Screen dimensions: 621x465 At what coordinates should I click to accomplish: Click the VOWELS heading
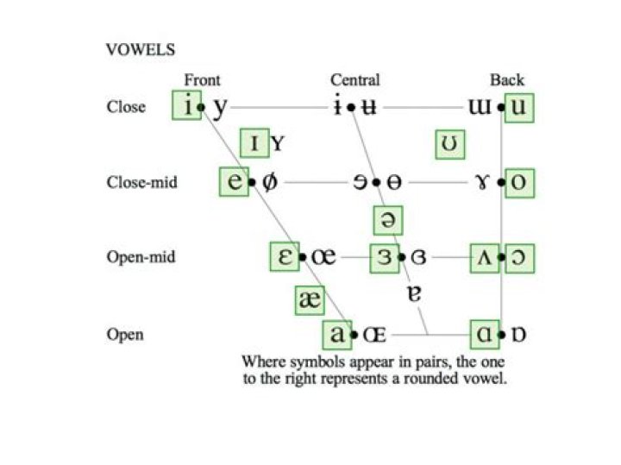click(x=141, y=50)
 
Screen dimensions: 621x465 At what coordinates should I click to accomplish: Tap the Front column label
click(x=202, y=80)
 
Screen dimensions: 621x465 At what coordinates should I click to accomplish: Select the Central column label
click(x=355, y=80)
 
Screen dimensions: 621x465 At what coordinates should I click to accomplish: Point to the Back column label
click(x=507, y=80)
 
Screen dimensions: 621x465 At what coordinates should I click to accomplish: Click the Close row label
click(x=126, y=107)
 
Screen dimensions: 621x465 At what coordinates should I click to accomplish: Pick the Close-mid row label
click(x=141, y=182)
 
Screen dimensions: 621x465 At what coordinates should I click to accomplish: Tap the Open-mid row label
click(x=141, y=257)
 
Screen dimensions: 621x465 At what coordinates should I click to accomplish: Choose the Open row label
click(x=125, y=335)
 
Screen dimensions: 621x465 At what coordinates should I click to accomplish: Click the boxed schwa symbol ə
click(x=388, y=220)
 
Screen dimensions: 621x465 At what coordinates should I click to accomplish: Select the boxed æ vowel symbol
click(x=310, y=300)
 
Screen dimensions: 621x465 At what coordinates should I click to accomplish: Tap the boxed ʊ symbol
click(x=450, y=144)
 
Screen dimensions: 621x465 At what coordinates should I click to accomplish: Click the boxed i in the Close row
click(x=186, y=105)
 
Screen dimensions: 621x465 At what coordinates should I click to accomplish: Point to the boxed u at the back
click(x=519, y=108)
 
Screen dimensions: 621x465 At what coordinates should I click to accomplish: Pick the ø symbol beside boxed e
click(x=269, y=182)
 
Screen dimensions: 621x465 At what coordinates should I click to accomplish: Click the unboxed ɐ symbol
click(x=414, y=294)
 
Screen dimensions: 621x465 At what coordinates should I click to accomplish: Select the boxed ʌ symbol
click(x=485, y=258)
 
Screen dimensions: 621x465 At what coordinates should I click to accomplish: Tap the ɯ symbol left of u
click(x=480, y=107)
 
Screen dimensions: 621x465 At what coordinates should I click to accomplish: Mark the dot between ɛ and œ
click(x=303, y=257)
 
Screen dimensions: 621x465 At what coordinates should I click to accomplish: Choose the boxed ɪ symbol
click(x=254, y=142)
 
